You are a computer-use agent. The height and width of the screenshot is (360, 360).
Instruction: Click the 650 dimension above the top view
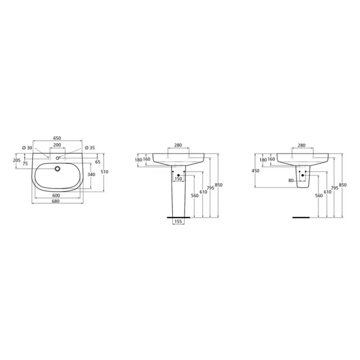tap(57, 138)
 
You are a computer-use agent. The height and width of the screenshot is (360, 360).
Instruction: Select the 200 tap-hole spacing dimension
tap(57, 145)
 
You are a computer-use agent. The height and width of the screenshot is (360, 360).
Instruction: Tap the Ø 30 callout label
tap(27, 148)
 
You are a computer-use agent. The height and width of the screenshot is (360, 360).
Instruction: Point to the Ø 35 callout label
tap(90, 148)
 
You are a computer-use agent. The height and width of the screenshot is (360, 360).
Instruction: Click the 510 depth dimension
tap(104, 172)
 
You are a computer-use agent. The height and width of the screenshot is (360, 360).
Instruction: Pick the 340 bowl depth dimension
tap(91, 175)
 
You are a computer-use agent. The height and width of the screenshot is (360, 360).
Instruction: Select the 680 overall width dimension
tap(56, 201)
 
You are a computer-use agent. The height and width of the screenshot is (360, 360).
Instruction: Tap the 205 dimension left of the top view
tap(16, 161)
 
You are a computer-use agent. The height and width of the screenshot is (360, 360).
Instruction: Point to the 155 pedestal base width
tap(178, 222)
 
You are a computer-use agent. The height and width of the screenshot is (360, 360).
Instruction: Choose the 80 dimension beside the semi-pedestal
tap(291, 180)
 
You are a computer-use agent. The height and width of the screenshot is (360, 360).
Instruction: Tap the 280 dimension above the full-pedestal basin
tap(178, 145)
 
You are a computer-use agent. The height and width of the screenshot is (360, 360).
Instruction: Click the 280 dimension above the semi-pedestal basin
tap(301, 145)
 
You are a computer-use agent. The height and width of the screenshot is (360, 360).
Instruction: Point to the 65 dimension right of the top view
tap(98, 162)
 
